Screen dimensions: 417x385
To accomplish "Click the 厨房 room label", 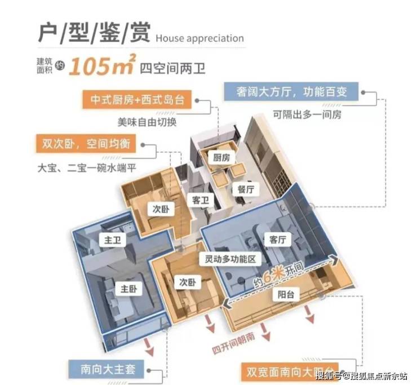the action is (221, 158).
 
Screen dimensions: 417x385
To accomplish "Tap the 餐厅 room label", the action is (246, 189).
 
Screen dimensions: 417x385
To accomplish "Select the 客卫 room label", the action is (200, 200).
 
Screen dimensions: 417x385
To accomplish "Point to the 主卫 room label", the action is (113, 240).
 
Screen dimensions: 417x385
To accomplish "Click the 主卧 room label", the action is (128, 289).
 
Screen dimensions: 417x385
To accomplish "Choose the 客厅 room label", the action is (278, 240).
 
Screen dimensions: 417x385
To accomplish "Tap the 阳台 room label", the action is (286, 295).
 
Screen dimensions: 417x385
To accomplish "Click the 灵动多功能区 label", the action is (230, 259).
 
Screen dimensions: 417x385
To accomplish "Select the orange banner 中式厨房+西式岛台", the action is (137, 100).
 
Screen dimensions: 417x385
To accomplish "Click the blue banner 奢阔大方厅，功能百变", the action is (291, 91).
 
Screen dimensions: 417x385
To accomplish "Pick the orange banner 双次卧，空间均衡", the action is (86, 144).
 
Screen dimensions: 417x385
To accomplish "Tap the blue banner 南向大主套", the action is (107, 369).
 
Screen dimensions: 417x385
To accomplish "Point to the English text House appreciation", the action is (199, 38).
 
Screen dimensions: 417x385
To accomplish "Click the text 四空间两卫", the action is (172, 68).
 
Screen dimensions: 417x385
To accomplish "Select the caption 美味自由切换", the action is (147, 122).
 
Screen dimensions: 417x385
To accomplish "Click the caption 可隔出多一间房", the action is (307, 114).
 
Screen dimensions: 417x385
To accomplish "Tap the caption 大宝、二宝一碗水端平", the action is (87, 168).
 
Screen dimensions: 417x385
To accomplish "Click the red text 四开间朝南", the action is (233, 343).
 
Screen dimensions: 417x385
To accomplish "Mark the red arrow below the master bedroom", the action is (149, 347).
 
